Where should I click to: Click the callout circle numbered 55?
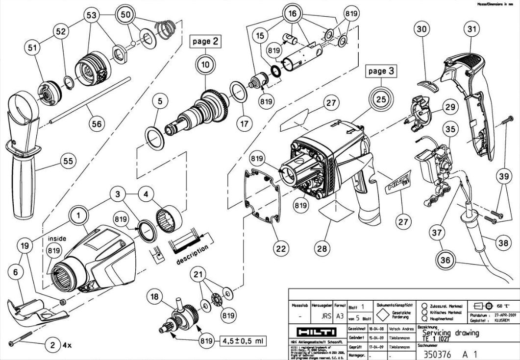(x=68, y=161)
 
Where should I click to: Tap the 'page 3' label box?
(x=381, y=71)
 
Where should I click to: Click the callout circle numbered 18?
(x=156, y=296)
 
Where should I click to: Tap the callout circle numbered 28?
(x=322, y=249)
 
